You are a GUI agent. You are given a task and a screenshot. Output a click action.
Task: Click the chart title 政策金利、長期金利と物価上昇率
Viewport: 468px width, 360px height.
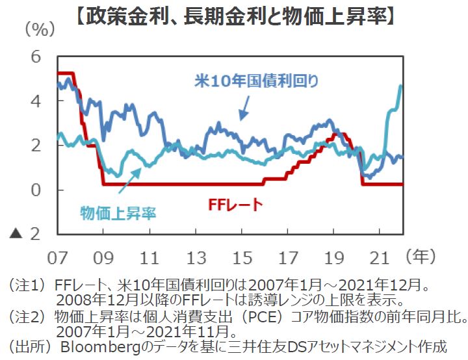coord(233,14)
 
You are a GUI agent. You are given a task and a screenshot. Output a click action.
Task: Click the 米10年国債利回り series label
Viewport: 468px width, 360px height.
coord(256,82)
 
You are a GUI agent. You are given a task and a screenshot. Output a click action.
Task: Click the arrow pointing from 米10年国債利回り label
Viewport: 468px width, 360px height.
coord(244,107)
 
